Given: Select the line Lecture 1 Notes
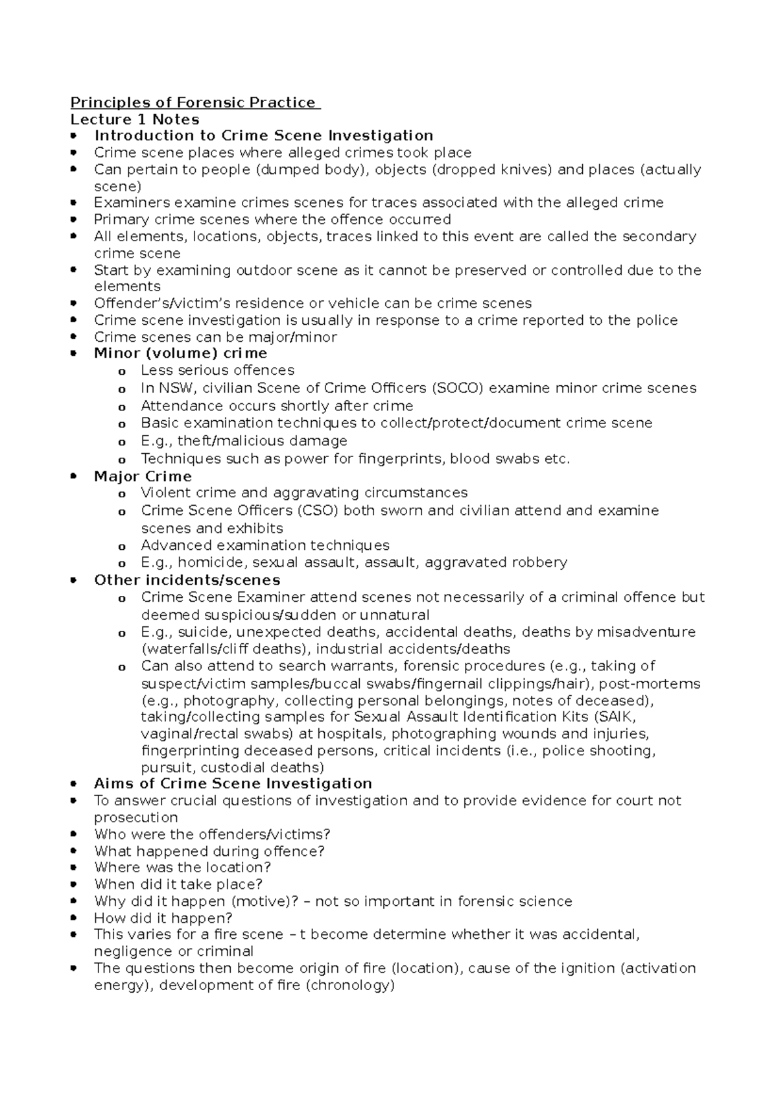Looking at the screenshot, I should pyautogui.click(x=135, y=119).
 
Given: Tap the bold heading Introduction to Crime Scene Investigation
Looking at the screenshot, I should pyautogui.click(x=263, y=136).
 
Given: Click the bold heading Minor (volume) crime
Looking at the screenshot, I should pyautogui.click(x=180, y=353).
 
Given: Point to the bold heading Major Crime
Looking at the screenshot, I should pyautogui.click(x=143, y=477).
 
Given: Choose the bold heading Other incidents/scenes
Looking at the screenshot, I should pyautogui.click(x=187, y=580).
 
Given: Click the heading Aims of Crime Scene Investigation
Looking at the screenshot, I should pyautogui.click(x=233, y=783).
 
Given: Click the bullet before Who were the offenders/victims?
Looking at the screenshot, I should pyautogui.click(x=76, y=835).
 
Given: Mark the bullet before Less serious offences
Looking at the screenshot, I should pyautogui.click(x=121, y=372).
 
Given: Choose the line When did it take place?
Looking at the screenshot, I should pyautogui.click(x=178, y=884).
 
